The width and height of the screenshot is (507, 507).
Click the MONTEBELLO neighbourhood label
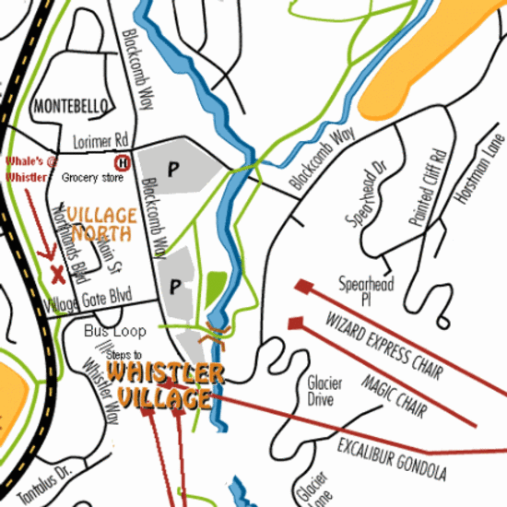71,107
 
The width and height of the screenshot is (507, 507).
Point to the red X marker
58,272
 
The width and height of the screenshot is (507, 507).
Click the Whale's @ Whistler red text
27,169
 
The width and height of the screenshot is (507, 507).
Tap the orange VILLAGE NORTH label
100,223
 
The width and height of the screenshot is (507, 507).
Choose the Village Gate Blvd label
88,300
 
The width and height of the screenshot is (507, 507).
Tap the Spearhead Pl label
365,291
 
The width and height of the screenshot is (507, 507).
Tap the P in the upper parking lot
171,167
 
